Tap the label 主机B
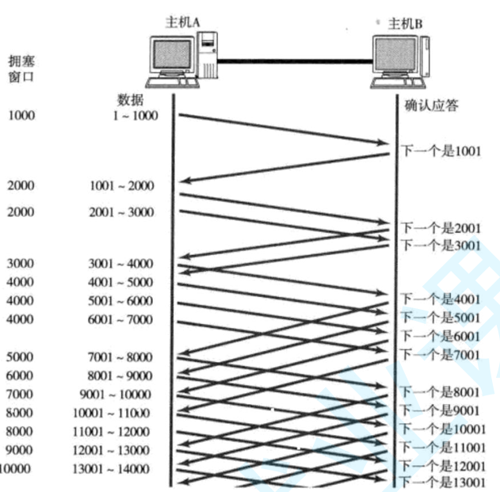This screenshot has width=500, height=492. (405, 24)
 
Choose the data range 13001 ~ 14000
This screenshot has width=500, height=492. (116, 468)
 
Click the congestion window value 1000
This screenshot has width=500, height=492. (21, 116)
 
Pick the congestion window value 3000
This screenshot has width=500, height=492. (21, 263)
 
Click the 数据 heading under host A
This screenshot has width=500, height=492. (132, 100)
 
